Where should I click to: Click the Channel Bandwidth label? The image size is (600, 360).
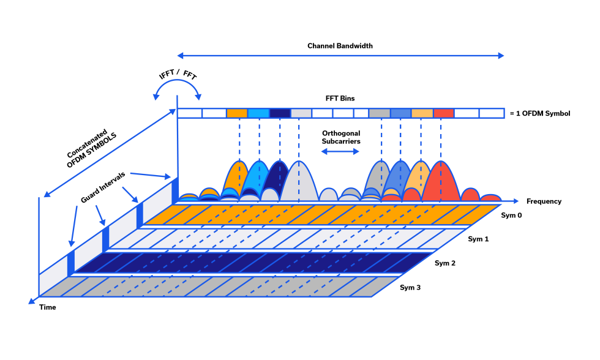(340, 46)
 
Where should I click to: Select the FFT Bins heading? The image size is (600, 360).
(340, 98)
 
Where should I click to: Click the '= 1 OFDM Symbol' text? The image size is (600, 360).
(539, 113)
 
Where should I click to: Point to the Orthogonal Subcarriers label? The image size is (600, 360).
(340, 137)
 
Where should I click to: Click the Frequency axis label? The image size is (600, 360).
(543, 201)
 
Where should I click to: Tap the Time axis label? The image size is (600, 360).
(47, 307)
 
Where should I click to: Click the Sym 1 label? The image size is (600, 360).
(478, 239)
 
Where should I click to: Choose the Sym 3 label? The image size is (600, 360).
(410, 287)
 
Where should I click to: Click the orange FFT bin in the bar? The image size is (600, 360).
(237, 113)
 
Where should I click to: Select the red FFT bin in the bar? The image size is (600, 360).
(443, 113)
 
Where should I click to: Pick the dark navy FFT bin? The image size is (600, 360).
(280, 113)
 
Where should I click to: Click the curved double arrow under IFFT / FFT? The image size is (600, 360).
(178, 91)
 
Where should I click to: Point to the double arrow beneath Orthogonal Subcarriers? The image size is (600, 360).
(340, 151)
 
